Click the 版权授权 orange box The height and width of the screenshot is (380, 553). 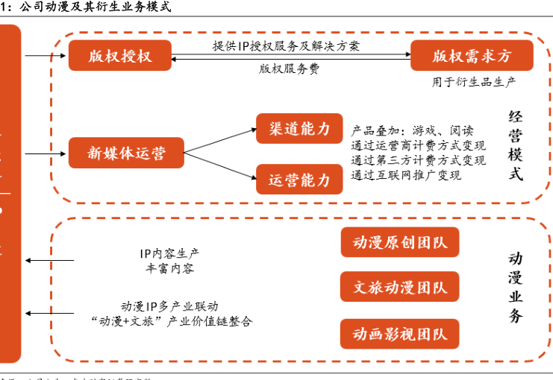pyautogui.click(x=119, y=56)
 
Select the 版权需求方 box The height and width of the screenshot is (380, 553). pyautogui.click(x=472, y=56)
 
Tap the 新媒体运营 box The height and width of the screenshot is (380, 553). pyautogui.click(x=126, y=153)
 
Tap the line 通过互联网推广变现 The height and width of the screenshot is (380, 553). pyautogui.click(x=406, y=175)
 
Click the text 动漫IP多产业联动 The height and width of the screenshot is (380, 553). pyautogui.click(x=169, y=306)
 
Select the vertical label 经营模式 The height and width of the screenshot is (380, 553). pyautogui.click(x=516, y=145)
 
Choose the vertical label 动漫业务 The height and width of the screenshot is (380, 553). pyautogui.click(x=516, y=287)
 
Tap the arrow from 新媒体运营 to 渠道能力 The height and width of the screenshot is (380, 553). pyautogui.click(x=220, y=140)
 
